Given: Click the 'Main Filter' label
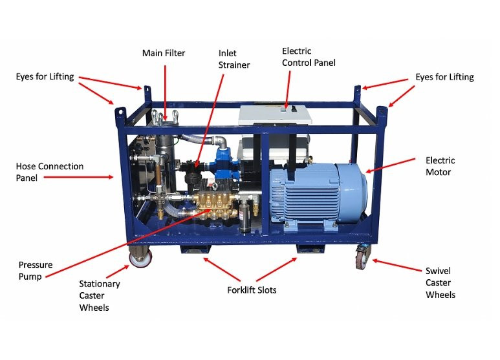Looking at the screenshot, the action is click(164, 53).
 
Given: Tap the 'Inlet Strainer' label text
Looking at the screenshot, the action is click(234, 59).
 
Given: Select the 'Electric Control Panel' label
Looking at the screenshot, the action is click(309, 57).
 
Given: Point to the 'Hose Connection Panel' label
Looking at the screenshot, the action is click(50, 172).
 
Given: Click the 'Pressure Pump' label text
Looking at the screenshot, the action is click(36, 270).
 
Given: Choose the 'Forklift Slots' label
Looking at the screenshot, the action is click(252, 290).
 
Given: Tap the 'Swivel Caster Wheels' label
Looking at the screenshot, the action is click(440, 282).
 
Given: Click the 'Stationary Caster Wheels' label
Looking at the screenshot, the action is click(100, 295).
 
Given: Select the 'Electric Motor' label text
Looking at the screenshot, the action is click(440, 166).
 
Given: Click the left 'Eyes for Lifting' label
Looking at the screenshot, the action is click(45, 76).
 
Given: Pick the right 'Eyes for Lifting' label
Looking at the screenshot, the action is click(444, 77).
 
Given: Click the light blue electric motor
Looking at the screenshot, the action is click(318, 195).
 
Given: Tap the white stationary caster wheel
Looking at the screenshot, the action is click(140, 257).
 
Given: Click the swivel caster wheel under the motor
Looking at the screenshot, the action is click(362, 257).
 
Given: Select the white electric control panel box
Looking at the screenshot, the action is click(275, 115).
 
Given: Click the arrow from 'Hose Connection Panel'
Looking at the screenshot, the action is click(78, 177).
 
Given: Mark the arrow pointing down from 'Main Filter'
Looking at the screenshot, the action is click(165, 93).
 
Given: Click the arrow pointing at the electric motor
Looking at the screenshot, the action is click(390, 165).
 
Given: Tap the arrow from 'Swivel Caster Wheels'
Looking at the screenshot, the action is click(397, 266).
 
